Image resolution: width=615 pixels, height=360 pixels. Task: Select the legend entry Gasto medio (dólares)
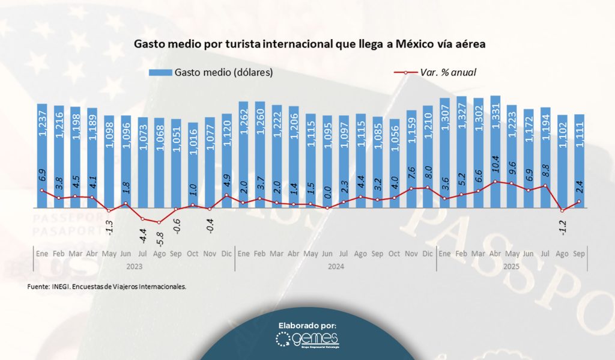tap(211, 73)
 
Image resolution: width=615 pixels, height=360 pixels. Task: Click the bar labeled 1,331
tap(495, 150)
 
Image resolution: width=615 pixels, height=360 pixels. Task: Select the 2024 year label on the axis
tap(335, 266)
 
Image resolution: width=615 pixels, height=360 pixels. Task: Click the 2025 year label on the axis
tap(512, 266)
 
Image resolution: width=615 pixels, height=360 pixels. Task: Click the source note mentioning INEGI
tap(107, 287)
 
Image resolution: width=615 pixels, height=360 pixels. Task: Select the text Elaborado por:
tap(307, 325)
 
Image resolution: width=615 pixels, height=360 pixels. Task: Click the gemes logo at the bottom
tap(307, 342)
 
